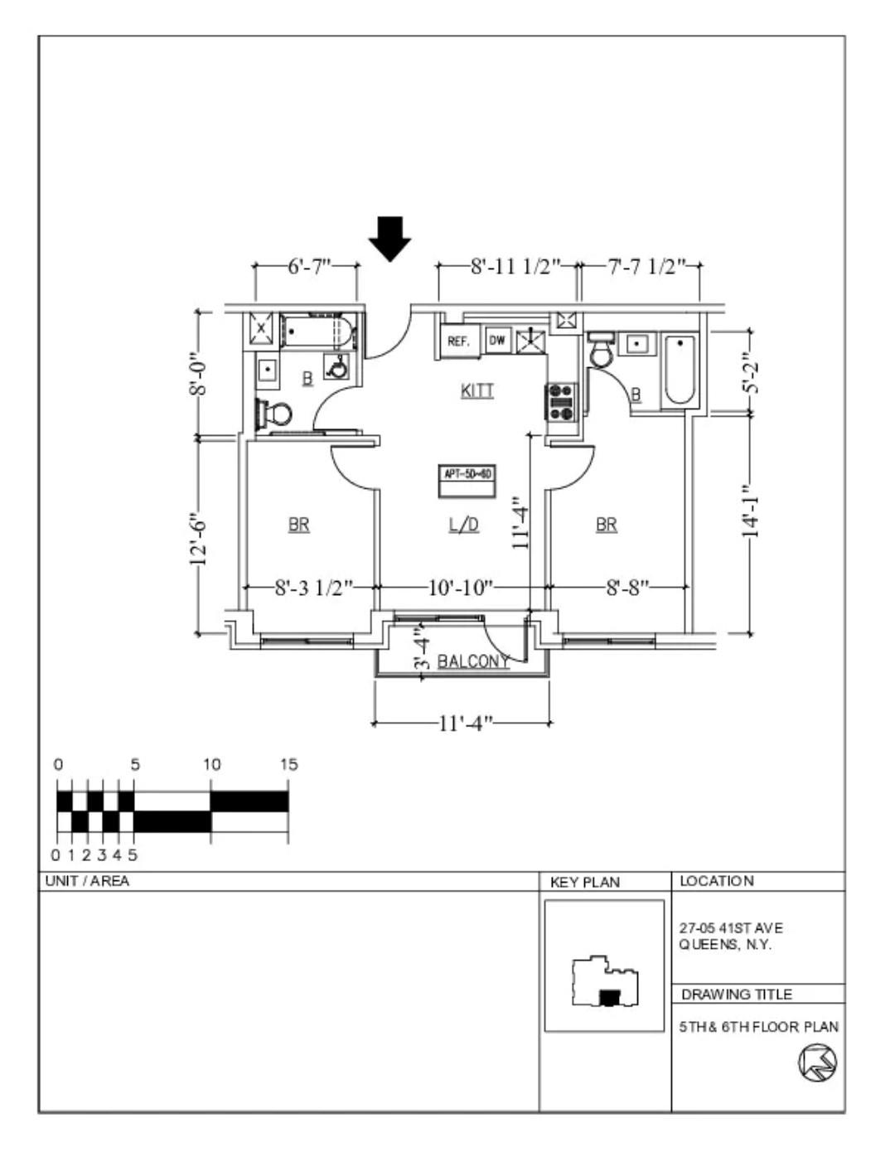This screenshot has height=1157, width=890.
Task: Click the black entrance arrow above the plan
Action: tap(389, 238)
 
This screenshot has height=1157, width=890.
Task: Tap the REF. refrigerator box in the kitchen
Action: tap(458, 341)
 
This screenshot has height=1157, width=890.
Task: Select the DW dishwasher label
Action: tap(497, 340)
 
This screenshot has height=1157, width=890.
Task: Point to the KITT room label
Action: tap(477, 390)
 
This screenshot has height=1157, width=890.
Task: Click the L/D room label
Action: tap(464, 525)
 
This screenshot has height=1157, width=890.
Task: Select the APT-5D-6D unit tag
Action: tap(467, 474)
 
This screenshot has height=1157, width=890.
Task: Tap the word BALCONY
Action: tap(473, 661)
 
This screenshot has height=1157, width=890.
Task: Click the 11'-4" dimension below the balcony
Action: tap(465, 723)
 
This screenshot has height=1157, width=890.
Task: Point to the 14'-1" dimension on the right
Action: tap(750, 511)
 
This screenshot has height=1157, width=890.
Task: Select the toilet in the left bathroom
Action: tap(275, 413)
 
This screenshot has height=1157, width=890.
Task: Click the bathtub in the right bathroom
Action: tap(680, 370)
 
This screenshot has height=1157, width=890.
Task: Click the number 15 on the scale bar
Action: tap(288, 764)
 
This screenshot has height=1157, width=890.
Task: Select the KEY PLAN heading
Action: tap(584, 882)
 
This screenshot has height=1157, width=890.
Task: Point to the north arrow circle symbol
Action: tap(817, 1062)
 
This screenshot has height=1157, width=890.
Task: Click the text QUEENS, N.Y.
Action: tap(725, 945)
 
